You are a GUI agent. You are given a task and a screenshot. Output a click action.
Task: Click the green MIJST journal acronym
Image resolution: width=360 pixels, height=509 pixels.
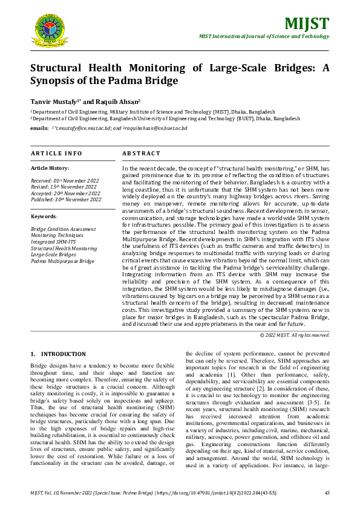(x=309, y=24)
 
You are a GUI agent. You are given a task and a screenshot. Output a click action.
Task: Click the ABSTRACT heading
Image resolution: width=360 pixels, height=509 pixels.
(x=141, y=154)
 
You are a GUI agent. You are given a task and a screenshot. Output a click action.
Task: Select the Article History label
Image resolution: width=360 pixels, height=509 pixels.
(x=50, y=167)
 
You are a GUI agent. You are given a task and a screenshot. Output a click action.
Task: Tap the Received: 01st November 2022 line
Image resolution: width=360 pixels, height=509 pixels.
(x=65, y=181)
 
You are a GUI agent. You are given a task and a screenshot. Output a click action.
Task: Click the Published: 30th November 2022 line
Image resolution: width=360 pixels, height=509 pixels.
(x=66, y=199)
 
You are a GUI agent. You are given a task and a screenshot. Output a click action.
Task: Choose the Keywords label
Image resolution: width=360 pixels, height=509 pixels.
(x=44, y=216)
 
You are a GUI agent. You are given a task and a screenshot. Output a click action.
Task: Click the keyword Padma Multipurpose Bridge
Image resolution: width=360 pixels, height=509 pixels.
(x=62, y=261)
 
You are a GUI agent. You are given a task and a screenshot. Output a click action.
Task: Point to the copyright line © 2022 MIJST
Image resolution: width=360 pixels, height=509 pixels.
(x=295, y=335)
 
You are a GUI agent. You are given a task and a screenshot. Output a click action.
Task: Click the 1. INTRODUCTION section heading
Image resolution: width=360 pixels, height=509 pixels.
(x=58, y=354)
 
